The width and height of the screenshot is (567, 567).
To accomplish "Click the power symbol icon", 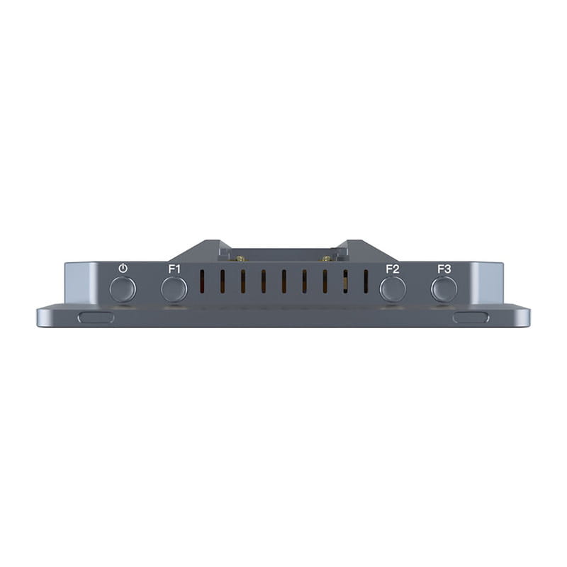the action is pos(123,269).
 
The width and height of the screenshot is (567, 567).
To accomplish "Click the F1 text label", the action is pos(174,269).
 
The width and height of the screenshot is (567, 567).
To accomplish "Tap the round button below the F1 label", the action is pos(174,289).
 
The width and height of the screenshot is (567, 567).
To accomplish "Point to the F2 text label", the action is pos(393,269).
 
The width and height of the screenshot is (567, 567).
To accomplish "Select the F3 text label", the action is pos(444,269).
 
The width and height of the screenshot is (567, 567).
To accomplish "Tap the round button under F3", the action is pos(444,289).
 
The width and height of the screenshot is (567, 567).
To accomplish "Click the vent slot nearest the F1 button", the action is pos(202,281).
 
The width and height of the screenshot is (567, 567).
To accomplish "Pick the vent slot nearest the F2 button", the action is pos(366,281).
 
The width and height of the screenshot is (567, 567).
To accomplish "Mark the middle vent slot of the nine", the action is pos(284,281).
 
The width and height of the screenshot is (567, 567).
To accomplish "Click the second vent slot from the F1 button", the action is pos(223,281).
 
